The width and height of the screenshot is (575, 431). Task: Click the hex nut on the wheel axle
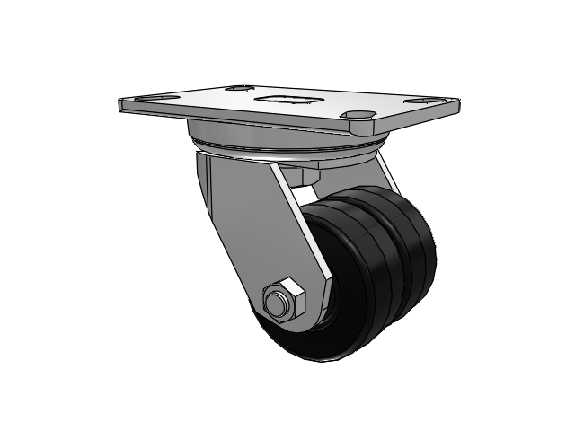[x=284, y=301]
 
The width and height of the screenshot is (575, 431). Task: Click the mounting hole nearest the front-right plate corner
[x=358, y=114]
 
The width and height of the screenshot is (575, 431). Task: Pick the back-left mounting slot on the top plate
[x=237, y=88]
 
